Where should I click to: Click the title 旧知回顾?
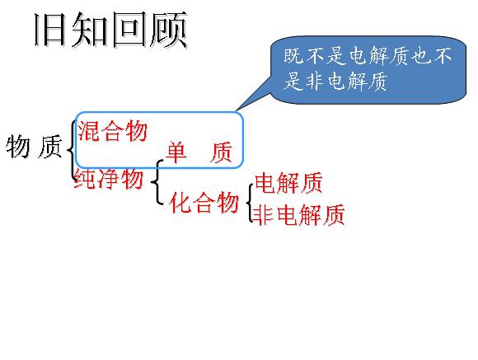(110, 30)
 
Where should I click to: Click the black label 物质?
(34, 147)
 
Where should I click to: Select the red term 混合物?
(112, 131)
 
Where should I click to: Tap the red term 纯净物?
(109, 179)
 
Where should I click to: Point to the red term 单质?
(199, 152)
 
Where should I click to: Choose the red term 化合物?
(204, 202)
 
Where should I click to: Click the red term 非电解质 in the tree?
(299, 215)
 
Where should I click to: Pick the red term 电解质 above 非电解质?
(288, 183)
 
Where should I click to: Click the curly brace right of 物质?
(72, 150)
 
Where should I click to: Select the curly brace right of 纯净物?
(157, 182)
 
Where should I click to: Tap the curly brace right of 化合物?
(250, 203)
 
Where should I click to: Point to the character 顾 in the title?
(169, 30)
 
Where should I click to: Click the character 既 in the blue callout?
(294, 56)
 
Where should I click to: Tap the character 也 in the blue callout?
(421, 56)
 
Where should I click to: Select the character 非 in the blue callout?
(315, 81)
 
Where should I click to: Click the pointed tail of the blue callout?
(237, 110)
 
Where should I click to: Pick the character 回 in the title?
(129, 30)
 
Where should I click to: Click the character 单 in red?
(177, 152)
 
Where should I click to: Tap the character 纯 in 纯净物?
(85, 179)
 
